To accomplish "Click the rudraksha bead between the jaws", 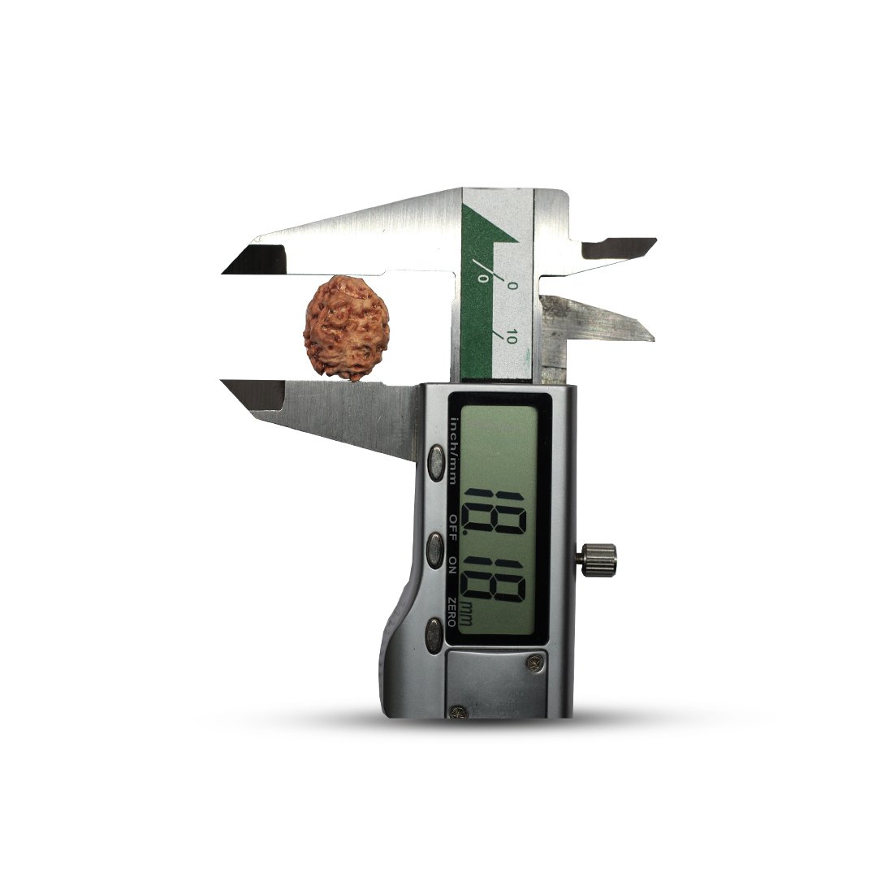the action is tap(346, 328).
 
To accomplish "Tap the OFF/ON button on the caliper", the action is tap(434, 550).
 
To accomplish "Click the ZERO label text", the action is tap(452, 611).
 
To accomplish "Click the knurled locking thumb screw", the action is tap(598, 559).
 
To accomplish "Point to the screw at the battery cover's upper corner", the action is tap(534, 663).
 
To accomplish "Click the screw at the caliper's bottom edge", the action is tap(459, 712).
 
